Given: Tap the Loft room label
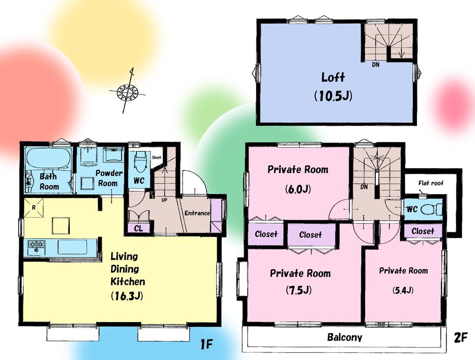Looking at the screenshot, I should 333,77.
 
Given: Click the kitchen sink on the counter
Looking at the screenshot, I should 72,247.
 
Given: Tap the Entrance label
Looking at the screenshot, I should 197,213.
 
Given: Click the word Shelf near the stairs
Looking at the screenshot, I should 157,157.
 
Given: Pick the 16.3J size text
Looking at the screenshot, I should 127,296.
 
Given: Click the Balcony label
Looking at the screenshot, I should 344,338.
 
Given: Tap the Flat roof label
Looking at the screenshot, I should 431,182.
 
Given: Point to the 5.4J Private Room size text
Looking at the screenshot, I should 403,290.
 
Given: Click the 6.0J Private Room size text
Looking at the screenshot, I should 297,189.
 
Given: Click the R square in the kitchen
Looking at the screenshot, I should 35,208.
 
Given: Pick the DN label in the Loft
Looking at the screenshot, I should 375,64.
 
